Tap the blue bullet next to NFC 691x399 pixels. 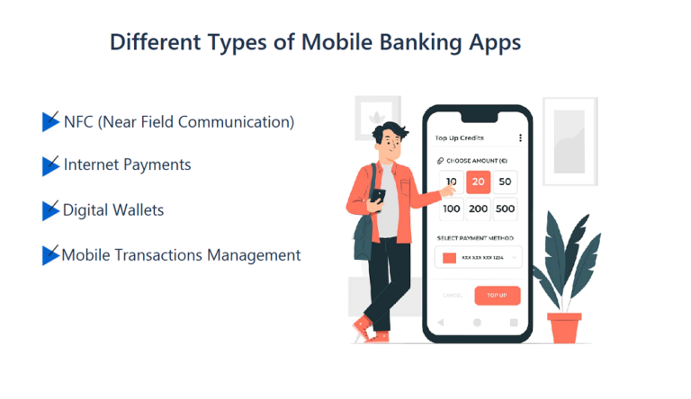[50, 121]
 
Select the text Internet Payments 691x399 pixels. [127, 165]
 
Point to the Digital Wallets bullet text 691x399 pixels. [113, 210]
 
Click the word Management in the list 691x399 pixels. [254, 255]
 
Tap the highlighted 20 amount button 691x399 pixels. [478, 182]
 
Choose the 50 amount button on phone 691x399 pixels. [505, 182]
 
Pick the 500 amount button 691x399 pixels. [505, 209]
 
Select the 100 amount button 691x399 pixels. [452, 209]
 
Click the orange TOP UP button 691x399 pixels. [498, 295]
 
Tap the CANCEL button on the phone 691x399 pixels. [453, 295]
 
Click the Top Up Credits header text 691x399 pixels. [460, 137]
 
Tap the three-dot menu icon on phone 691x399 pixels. [520, 137]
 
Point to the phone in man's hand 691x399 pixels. [378, 195]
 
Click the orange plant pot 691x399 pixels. [564, 326]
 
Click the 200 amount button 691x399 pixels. [478, 209]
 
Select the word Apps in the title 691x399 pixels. [492, 42]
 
